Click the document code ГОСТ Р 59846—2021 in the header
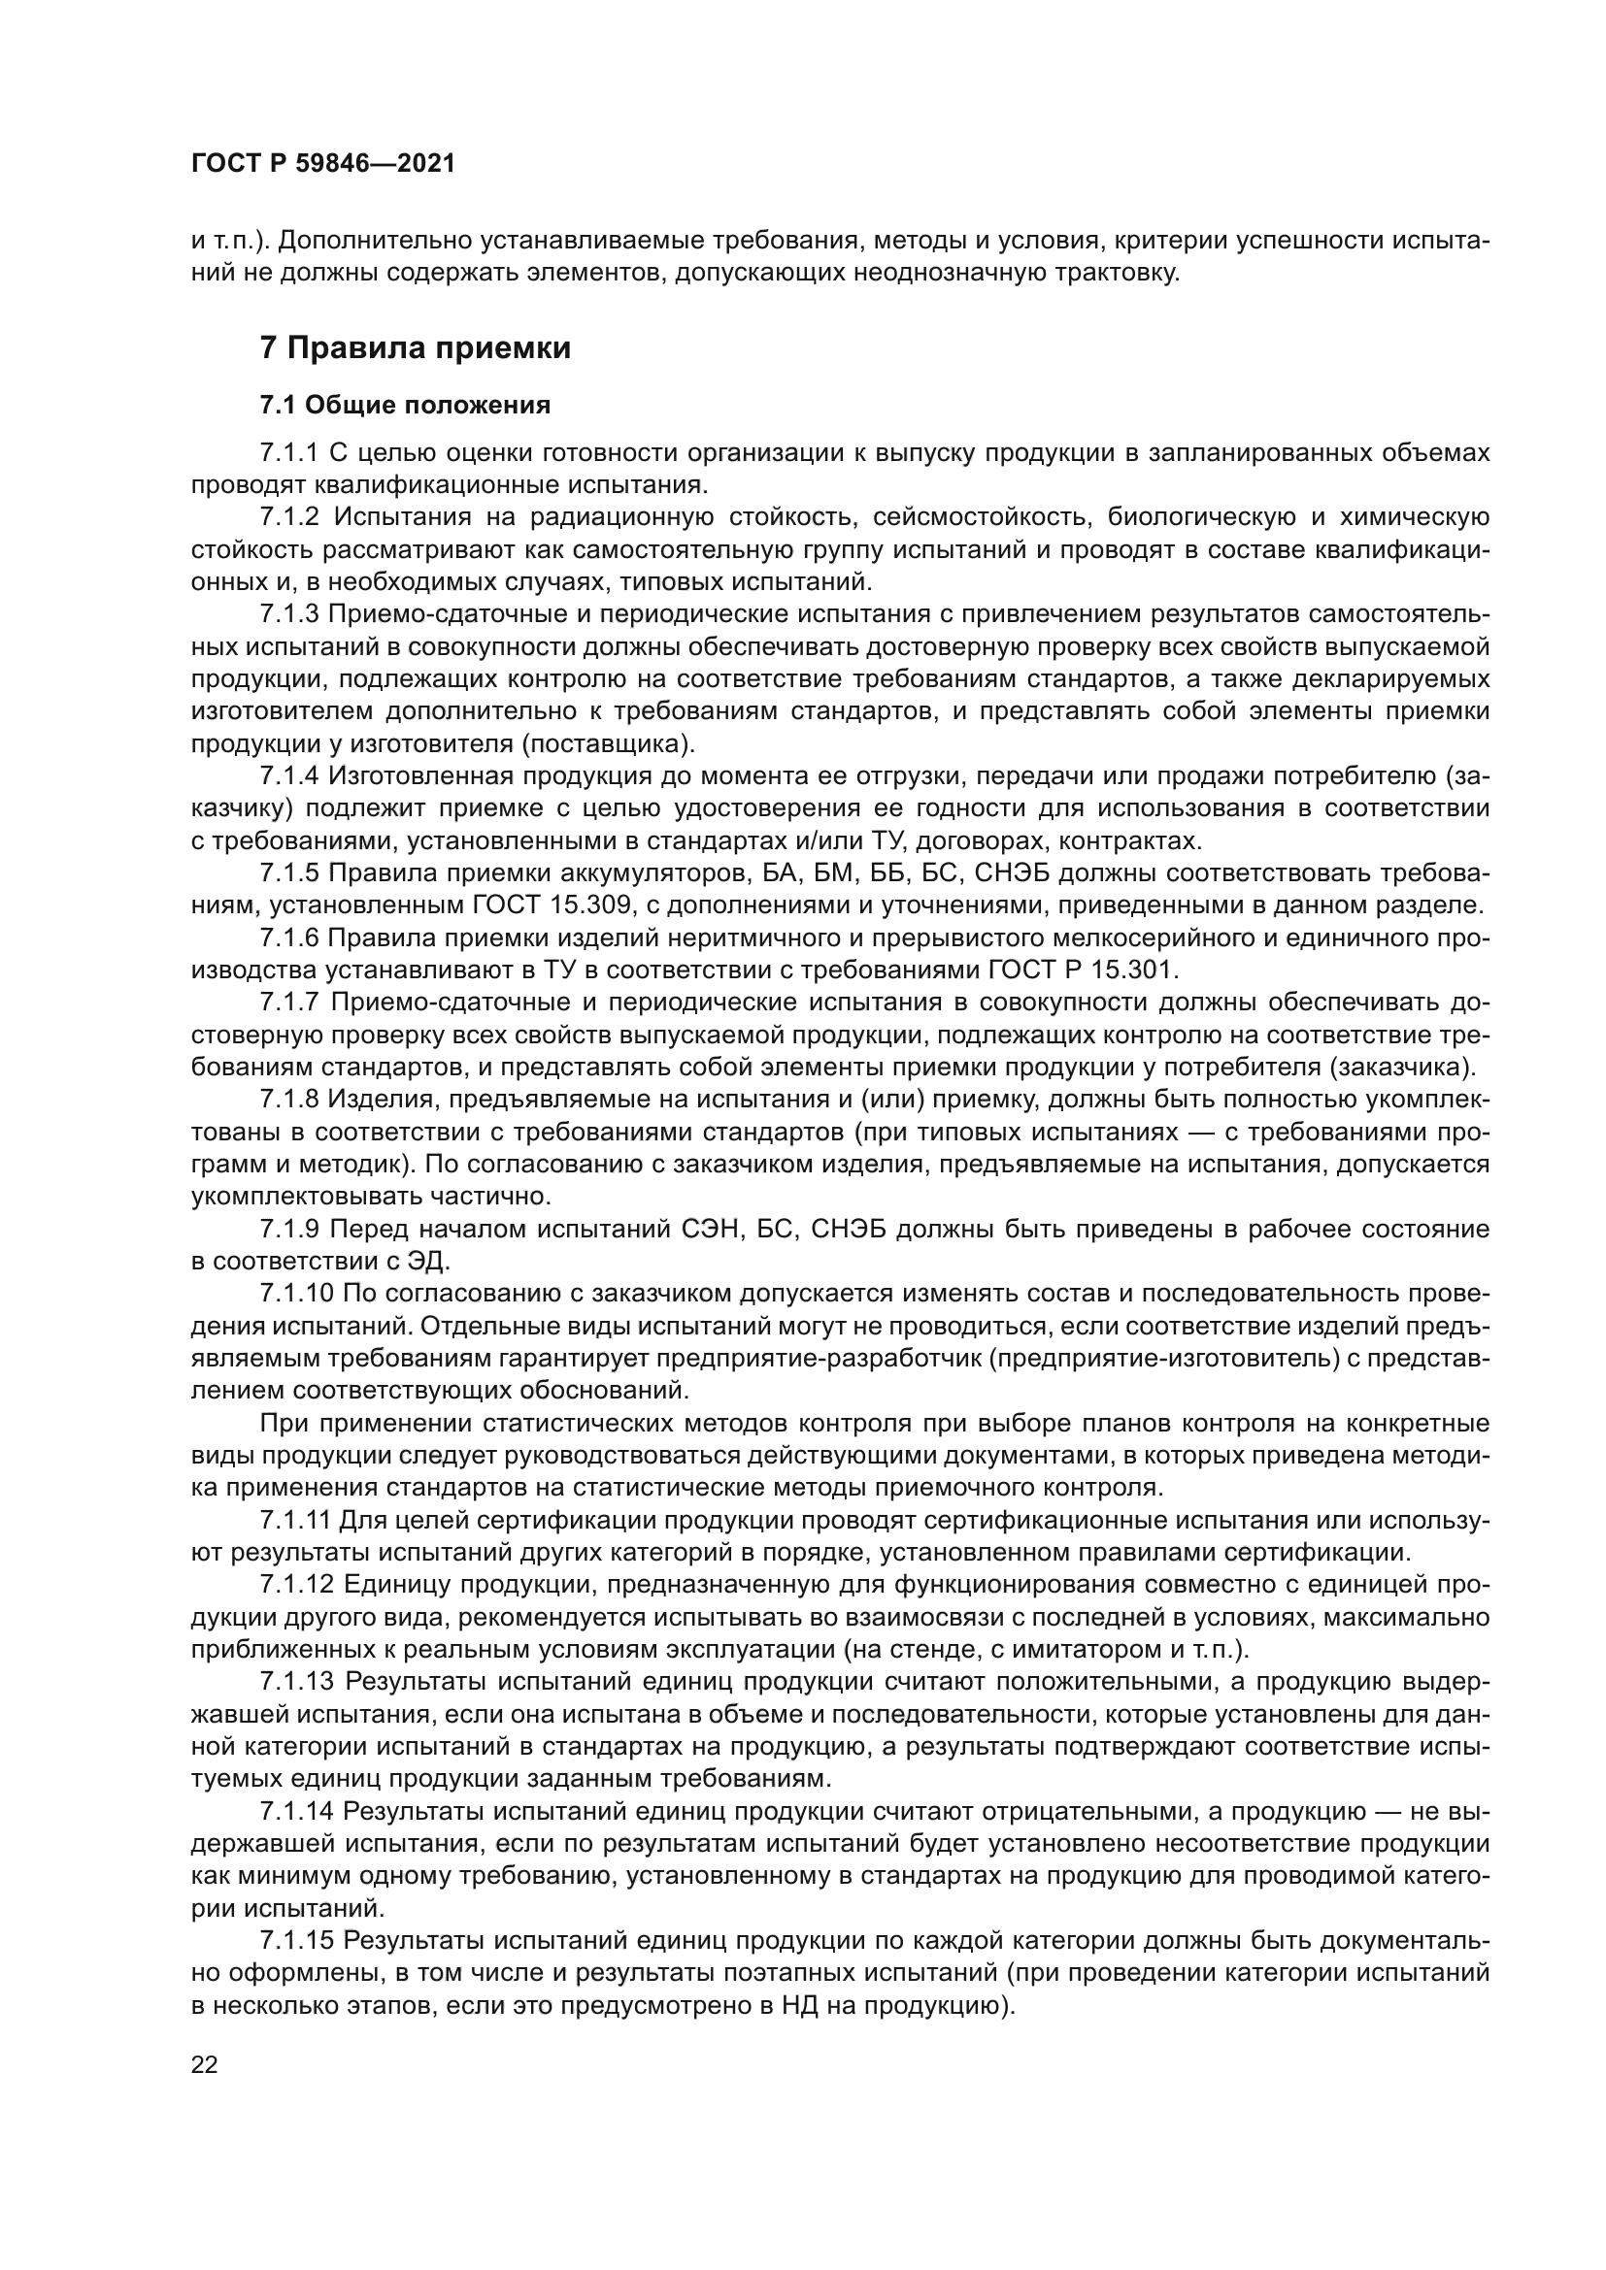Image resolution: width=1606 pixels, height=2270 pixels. click(x=322, y=164)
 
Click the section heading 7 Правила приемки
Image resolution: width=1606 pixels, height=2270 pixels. click(x=416, y=348)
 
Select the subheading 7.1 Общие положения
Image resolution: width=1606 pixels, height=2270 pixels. click(x=406, y=406)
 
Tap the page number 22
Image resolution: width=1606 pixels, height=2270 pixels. click(x=205, y=2065)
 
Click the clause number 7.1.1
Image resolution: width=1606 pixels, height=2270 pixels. click(x=288, y=453)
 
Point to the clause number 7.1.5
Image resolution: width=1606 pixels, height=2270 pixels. click(x=288, y=873)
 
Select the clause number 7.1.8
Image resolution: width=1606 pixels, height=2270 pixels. click(x=288, y=1100)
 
